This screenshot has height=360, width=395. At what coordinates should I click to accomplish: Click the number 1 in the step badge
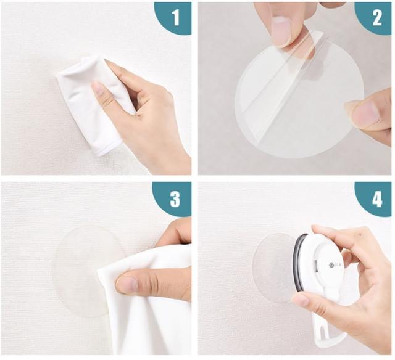point(176,18)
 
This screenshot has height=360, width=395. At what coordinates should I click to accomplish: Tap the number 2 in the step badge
point(377,18)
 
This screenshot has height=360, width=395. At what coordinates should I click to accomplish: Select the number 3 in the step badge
point(175,199)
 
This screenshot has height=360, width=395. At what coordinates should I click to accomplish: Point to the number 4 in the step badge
point(377,199)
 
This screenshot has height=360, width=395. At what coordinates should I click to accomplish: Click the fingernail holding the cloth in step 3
point(127,285)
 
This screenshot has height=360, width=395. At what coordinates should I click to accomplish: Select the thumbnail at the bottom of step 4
point(301,300)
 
